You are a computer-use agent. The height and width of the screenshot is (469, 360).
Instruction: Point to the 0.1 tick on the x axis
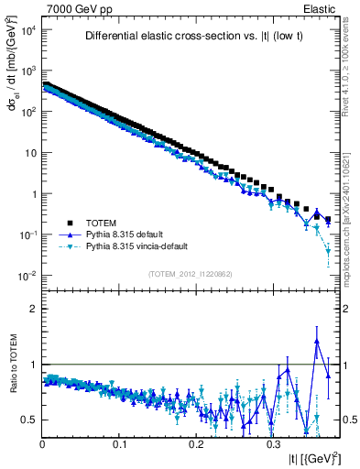pos(120,442)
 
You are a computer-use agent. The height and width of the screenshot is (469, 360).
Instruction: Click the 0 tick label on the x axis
pos(43,442)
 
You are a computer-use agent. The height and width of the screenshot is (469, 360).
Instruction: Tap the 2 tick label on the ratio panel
pos(32,309)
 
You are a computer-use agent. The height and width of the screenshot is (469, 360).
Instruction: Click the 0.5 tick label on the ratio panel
pos(27,420)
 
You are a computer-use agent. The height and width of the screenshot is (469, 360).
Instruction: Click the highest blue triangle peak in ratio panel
pos(317,341)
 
